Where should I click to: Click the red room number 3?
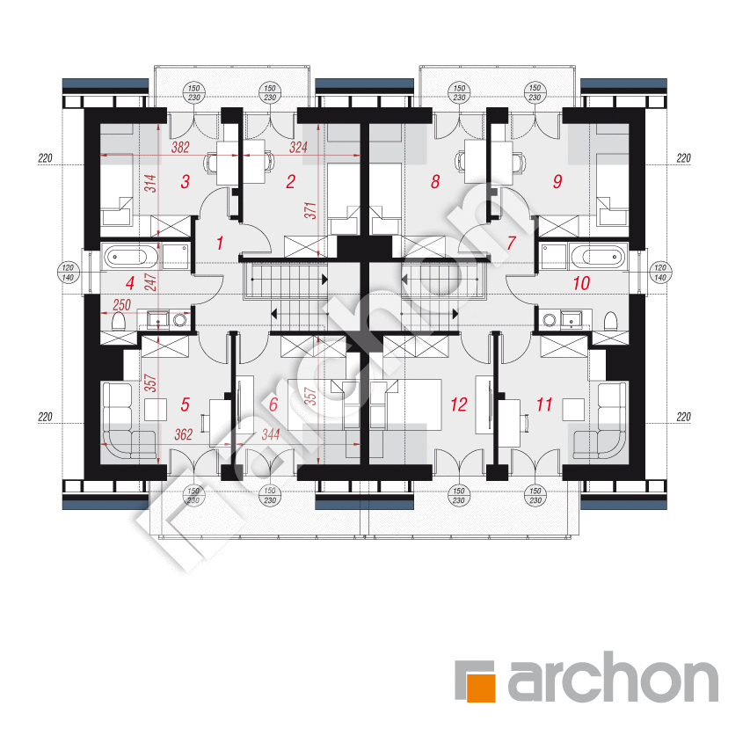click(x=186, y=182)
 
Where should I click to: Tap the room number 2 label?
click(x=291, y=182)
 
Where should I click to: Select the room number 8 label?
click(x=435, y=182)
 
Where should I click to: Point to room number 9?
click(x=557, y=182)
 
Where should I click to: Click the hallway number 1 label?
click(x=220, y=244)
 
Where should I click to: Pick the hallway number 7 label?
click(x=512, y=243)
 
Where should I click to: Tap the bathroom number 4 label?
click(x=129, y=283)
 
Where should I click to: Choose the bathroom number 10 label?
click(x=581, y=283)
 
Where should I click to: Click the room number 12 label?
click(x=458, y=404)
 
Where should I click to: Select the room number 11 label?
click(x=544, y=404)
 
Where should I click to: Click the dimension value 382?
click(x=180, y=148)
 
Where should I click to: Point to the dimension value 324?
click(x=298, y=148)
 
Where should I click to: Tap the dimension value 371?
click(x=310, y=210)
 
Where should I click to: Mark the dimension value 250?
click(x=121, y=305)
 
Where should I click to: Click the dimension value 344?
click(x=270, y=435)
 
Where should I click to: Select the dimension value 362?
click(x=183, y=435)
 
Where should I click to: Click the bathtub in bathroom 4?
click(x=130, y=257)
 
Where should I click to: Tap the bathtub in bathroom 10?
click(x=597, y=257)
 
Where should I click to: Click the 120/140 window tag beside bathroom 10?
click(x=660, y=273)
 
